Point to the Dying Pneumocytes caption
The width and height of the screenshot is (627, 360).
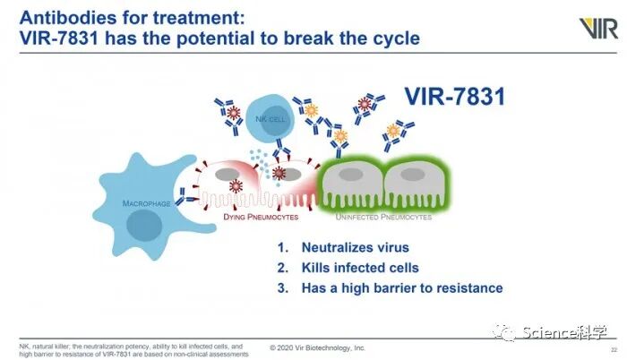tap(262, 216)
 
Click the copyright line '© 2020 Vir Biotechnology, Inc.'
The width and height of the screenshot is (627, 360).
tap(318, 347)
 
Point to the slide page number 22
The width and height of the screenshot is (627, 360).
tap(614, 348)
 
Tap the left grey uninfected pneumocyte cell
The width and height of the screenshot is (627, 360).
tap(351, 183)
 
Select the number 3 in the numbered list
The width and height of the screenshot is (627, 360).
tap(282, 288)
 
